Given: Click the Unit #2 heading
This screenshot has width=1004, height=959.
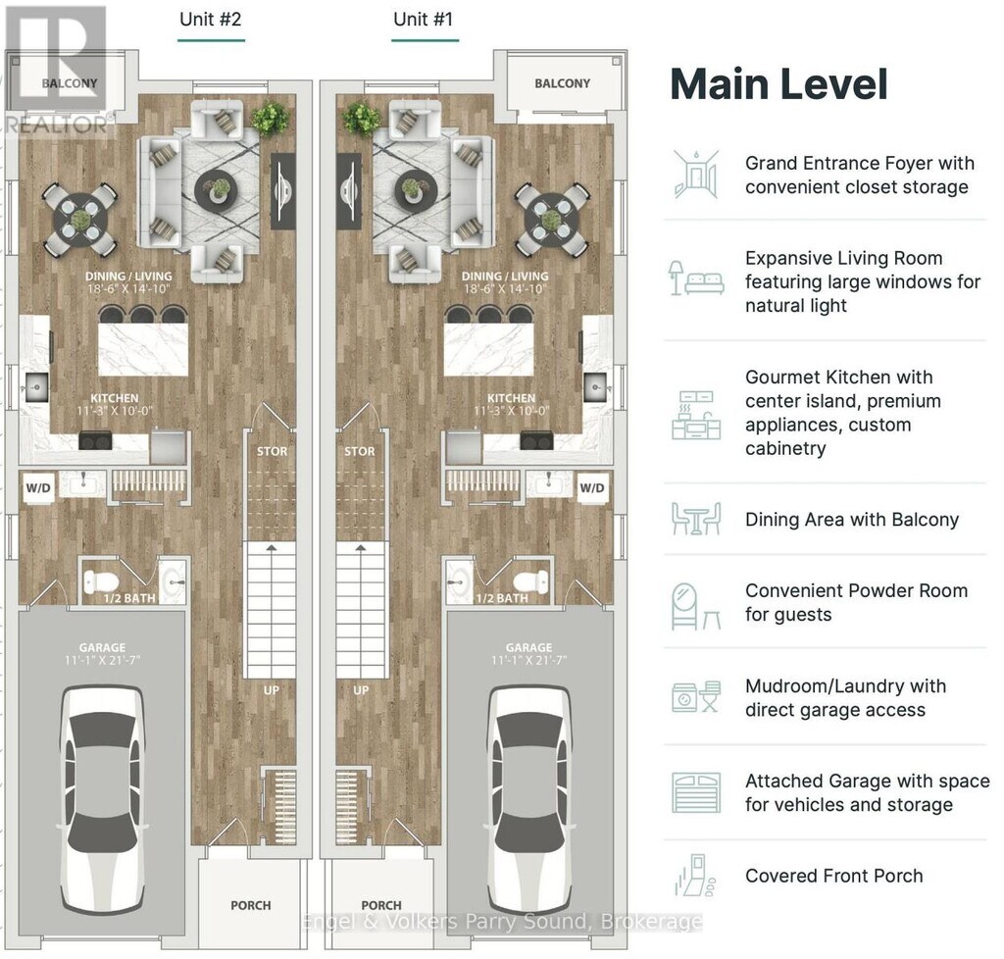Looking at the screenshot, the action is point(210,20).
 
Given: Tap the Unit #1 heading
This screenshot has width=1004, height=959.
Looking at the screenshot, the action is point(423,20).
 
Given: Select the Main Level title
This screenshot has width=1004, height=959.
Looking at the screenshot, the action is point(778,84).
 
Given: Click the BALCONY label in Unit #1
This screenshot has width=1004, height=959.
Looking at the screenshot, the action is point(562,83).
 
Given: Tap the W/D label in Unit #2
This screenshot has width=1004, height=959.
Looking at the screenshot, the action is point(38,488).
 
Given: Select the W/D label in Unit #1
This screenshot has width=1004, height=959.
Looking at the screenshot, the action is point(591,488).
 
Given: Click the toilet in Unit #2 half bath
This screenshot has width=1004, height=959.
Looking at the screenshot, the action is point(101,581).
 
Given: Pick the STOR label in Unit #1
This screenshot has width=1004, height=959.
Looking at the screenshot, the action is point(359,451).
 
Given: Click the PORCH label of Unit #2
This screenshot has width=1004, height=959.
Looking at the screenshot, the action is point(250,905).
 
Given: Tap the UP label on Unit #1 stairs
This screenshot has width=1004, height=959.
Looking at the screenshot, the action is point(361,690).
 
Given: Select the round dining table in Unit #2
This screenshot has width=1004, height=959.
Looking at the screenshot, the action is point(80,219).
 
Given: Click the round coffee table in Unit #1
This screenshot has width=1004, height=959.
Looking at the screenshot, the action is point(416,189).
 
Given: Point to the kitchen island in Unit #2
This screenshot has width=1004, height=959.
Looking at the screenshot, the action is point(143,349).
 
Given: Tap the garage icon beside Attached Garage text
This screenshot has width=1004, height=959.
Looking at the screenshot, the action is point(696,792).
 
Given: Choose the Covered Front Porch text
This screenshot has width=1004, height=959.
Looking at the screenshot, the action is point(833,876).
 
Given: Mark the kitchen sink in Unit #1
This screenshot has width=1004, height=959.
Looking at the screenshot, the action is point(596,387).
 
